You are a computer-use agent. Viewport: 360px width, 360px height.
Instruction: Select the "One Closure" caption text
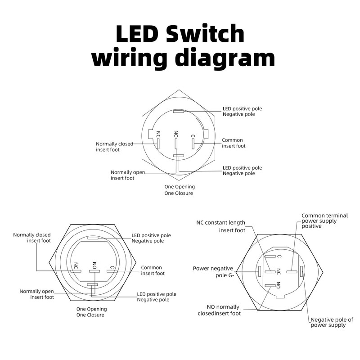[x=90, y=315]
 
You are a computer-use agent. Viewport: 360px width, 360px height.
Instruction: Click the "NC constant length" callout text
[x=221, y=222]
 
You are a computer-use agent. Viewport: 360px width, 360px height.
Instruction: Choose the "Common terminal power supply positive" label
[x=324, y=220]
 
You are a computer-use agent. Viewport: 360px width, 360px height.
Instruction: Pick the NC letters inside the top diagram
[x=158, y=135]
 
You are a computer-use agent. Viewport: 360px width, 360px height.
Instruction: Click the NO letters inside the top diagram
[x=176, y=135]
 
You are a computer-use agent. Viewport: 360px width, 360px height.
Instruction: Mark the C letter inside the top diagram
[x=193, y=135]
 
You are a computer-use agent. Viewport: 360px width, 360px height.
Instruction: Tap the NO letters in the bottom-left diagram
[x=94, y=265]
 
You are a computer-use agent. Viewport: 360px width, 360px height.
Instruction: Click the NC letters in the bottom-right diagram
[x=279, y=271]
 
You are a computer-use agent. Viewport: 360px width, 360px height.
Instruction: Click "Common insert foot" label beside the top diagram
[x=234, y=143]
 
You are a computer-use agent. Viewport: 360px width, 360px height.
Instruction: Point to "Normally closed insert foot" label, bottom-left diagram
[x=32, y=238]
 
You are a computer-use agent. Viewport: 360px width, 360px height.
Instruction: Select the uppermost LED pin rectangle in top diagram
[x=178, y=111]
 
